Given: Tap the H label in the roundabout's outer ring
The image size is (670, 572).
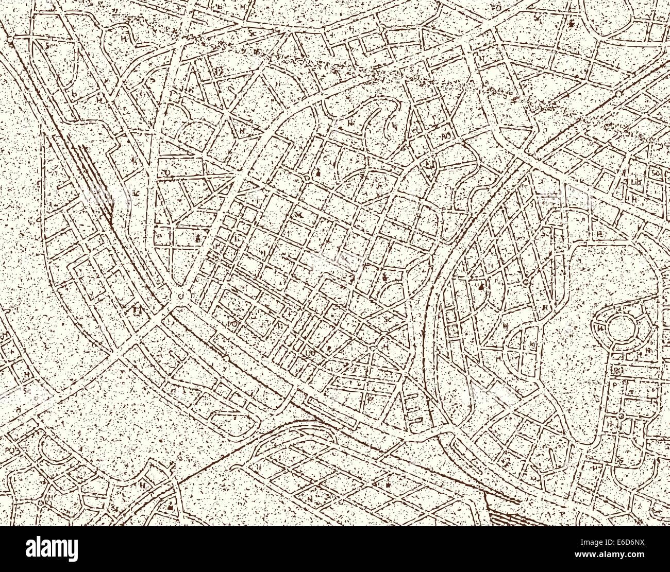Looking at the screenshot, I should coord(600,328).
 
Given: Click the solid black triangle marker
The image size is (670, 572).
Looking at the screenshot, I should coord(481,285).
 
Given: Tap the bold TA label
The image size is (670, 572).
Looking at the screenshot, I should coord(137,310).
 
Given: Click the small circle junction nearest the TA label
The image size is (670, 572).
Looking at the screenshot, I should coord(181,295).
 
